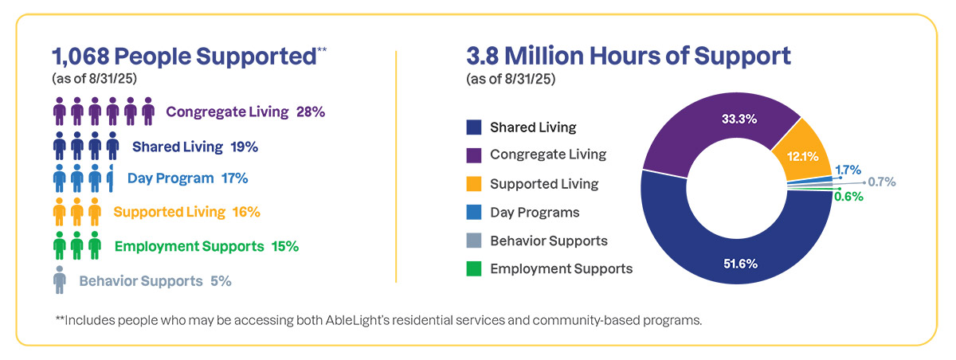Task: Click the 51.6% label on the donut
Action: [x=740, y=264]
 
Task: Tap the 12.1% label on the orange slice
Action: [x=802, y=156]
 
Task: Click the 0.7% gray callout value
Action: [x=882, y=182]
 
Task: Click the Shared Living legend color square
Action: [x=474, y=127]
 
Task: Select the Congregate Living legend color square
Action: [x=474, y=155]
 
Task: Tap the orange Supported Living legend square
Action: [x=474, y=183]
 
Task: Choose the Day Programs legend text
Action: [x=535, y=213]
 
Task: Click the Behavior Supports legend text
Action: [x=548, y=241]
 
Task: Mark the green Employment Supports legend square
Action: [x=474, y=268]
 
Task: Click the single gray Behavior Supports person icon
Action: [x=60, y=280]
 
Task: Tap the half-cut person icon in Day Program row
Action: [x=110, y=178]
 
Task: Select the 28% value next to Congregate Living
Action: [x=311, y=112]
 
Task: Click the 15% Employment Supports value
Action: [x=284, y=246]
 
